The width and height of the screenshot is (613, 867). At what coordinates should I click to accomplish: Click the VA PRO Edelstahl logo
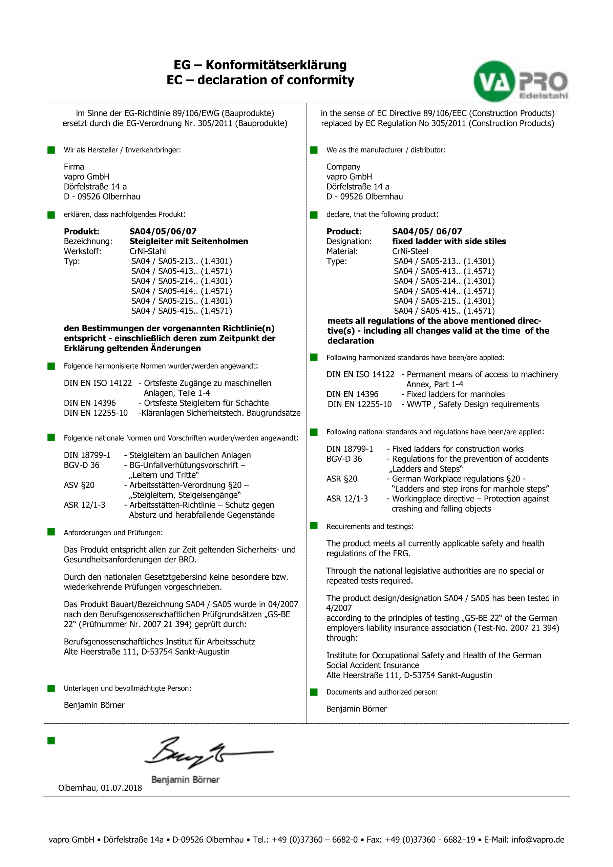click(521, 81)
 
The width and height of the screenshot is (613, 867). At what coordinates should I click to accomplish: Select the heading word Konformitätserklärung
click(276, 65)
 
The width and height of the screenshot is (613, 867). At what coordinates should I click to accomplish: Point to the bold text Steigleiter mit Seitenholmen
click(189, 241)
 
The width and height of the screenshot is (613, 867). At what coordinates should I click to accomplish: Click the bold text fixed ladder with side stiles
click(449, 241)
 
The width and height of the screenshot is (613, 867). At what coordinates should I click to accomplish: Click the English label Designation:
click(349, 241)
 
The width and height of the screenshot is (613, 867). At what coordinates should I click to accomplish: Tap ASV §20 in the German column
click(79, 485)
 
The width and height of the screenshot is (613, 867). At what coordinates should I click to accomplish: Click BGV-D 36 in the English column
click(344, 459)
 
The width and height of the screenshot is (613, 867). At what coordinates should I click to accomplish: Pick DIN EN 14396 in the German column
click(89, 403)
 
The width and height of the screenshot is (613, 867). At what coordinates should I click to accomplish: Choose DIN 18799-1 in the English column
click(350, 449)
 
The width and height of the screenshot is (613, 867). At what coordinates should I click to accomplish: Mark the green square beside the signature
click(51, 741)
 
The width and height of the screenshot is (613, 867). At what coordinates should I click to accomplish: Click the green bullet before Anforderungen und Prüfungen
click(51, 532)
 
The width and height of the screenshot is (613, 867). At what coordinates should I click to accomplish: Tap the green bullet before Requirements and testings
click(314, 525)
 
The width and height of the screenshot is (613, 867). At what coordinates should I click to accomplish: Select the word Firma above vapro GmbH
click(74, 167)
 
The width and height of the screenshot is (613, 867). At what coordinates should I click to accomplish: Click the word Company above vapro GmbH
click(343, 167)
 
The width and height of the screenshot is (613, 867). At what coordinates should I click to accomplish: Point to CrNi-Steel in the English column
click(410, 251)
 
